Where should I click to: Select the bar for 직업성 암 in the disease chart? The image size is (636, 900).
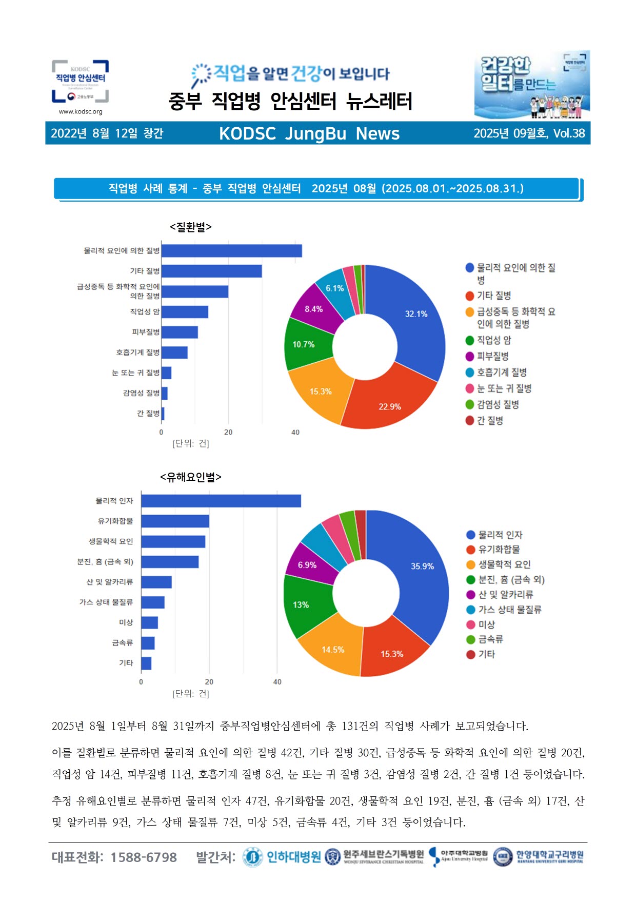[x=185, y=312]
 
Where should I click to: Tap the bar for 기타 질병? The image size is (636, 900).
[x=211, y=271]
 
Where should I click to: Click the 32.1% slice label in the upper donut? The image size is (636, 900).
[x=416, y=314]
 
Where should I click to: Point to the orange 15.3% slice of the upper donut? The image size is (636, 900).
[x=320, y=392]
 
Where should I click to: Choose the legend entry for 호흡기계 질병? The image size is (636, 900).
[x=501, y=373]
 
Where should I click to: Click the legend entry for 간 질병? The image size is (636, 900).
[x=489, y=421]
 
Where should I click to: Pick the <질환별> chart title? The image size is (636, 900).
[x=191, y=227]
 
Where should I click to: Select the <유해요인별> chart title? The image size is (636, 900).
[x=191, y=477]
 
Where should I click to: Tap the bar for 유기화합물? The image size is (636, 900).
[x=175, y=521]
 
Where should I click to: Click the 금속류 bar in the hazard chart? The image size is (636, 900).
[x=148, y=643]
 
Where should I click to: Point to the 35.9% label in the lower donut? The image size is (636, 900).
[x=422, y=566]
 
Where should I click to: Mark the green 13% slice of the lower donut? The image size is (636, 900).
[x=301, y=605]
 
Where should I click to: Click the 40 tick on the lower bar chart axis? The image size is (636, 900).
[x=277, y=682]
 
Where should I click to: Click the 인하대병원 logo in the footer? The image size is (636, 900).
[x=283, y=857]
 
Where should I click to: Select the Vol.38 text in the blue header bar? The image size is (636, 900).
[x=569, y=133]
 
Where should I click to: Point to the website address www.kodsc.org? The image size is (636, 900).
[x=81, y=111]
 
